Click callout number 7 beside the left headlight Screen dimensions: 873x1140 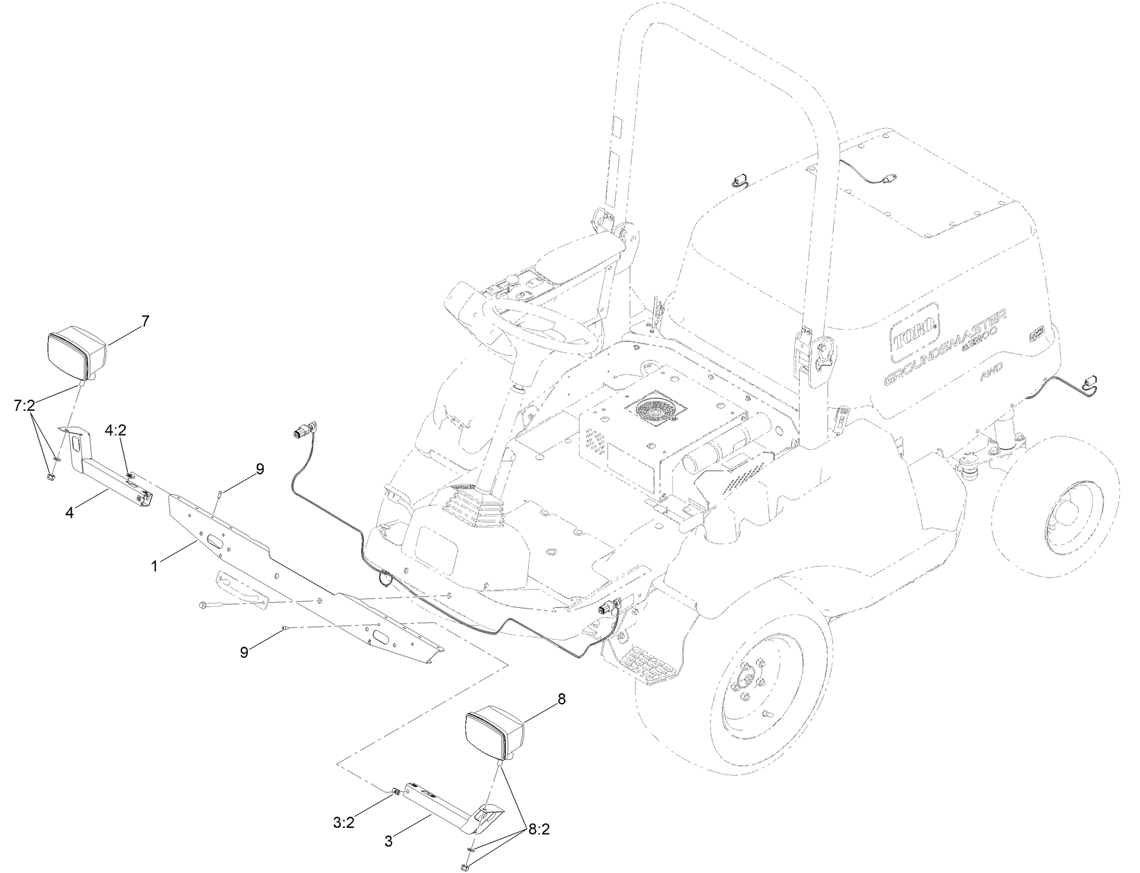coord(144,321)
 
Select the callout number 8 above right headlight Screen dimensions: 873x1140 coord(561,699)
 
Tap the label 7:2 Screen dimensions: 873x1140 coord(24,404)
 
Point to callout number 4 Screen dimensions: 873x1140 coord(69,513)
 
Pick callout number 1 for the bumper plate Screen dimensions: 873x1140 coord(155,567)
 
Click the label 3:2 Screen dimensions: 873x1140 coord(344,824)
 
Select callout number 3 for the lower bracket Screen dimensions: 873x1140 coord(388,842)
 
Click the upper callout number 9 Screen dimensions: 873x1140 coord(259,469)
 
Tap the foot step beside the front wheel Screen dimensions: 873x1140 coord(648,666)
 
